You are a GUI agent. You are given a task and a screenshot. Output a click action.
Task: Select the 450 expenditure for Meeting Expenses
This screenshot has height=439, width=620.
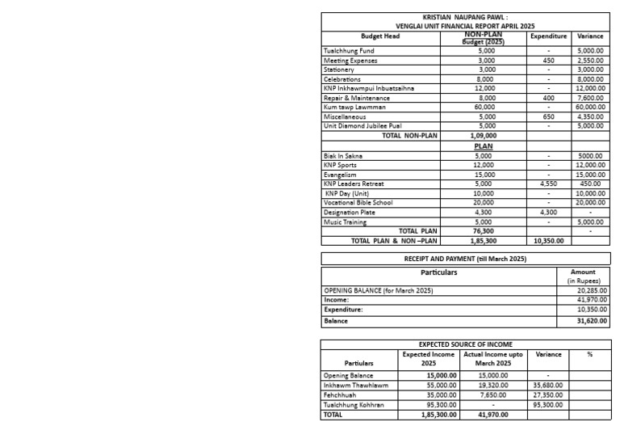click(x=548, y=61)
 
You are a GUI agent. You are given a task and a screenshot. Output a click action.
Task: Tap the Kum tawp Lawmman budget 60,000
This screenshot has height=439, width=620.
click(x=484, y=108)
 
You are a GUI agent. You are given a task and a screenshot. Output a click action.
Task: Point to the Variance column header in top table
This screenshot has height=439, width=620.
click(x=590, y=36)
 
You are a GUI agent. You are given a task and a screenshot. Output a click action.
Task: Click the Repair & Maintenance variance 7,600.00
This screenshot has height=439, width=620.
click(x=590, y=98)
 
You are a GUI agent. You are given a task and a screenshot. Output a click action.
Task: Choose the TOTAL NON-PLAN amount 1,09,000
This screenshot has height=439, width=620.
click(x=484, y=136)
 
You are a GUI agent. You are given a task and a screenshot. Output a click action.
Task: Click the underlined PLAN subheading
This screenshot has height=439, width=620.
click(x=484, y=146)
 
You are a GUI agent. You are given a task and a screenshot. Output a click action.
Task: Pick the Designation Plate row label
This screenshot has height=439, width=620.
click(x=350, y=213)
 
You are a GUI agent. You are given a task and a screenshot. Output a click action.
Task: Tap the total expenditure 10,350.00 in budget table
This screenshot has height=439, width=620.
click(x=548, y=240)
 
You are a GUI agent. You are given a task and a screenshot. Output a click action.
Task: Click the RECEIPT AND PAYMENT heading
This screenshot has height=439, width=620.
click(x=465, y=259)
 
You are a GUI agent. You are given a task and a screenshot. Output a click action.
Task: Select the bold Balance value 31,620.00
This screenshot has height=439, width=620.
click(x=593, y=321)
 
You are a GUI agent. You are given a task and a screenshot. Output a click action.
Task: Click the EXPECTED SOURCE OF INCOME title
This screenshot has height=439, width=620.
click(x=465, y=344)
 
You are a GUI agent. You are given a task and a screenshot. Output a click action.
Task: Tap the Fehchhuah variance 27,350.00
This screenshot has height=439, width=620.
click(x=548, y=395)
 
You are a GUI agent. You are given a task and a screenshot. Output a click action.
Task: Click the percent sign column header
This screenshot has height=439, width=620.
click(x=589, y=354)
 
